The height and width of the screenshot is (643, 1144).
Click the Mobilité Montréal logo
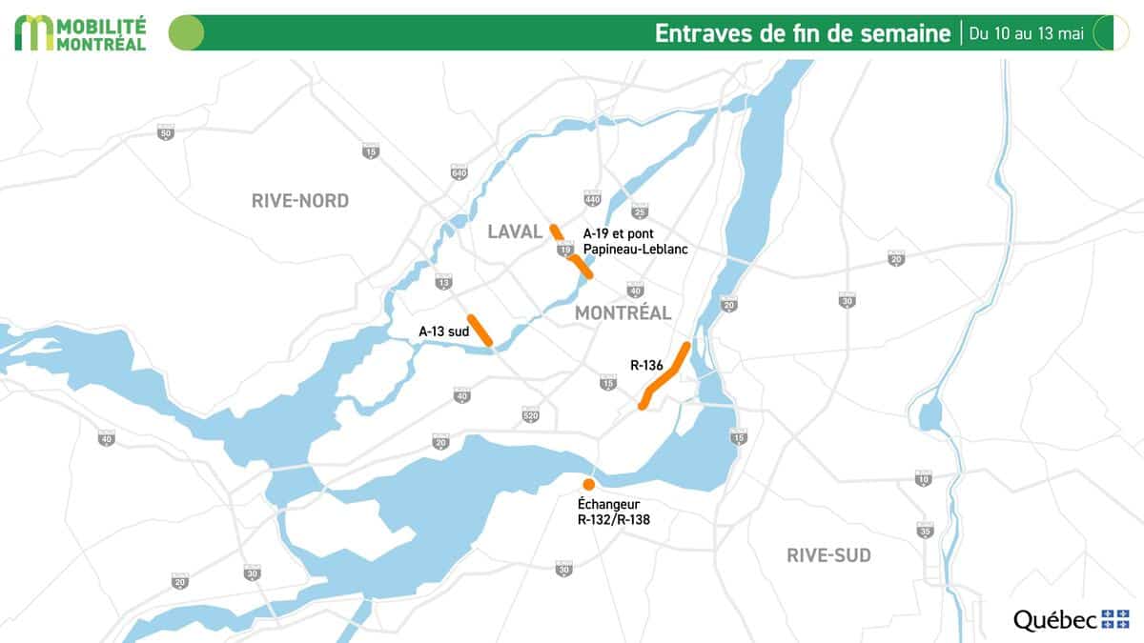coord(81,32)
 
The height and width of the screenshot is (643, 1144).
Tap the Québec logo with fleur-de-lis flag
coord(1071,619)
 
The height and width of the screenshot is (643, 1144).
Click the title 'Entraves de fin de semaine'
coord(803,33)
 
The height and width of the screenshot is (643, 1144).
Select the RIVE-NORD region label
coord(300,201)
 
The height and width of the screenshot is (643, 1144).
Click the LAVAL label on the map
coord(515,231)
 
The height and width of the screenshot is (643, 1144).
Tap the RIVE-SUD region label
coord(828,555)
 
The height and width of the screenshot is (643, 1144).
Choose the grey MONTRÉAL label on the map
coord(623,312)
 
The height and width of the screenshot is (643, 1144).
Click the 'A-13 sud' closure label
coord(442,332)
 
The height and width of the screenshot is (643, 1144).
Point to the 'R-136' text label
coord(646,364)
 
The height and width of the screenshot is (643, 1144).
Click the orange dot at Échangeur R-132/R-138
coord(589,485)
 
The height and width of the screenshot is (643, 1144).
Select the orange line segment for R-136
coord(664,375)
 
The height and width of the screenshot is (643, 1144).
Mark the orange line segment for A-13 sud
coord(480,330)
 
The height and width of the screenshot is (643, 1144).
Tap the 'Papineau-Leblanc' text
coord(635,249)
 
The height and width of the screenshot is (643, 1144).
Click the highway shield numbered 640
coord(460,172)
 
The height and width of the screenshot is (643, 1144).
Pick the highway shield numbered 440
coord(592,199)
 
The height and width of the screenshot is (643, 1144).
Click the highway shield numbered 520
coord(531,415)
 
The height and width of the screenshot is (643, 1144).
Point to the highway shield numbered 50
coord(166,133)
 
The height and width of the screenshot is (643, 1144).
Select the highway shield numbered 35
coord(924,530)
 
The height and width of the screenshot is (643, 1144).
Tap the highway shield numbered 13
coord(442,283)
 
